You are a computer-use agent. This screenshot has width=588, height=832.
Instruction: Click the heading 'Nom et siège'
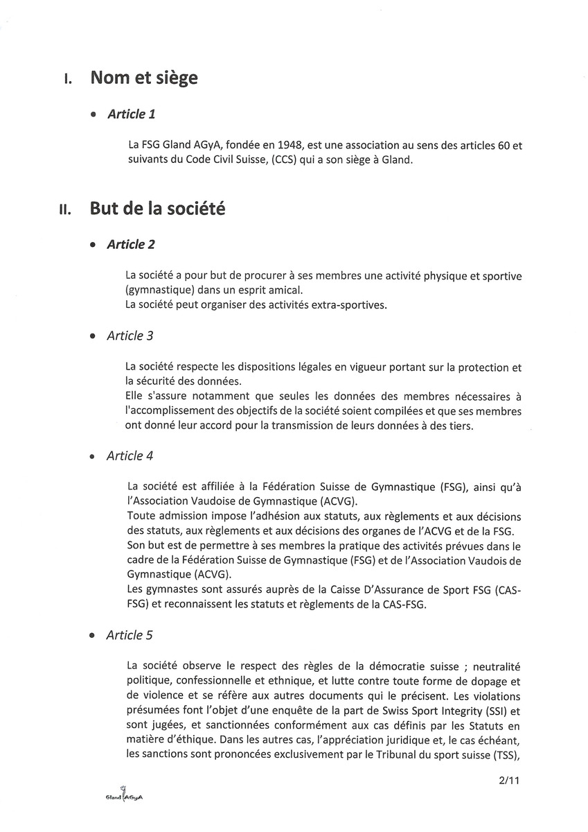(143, 78)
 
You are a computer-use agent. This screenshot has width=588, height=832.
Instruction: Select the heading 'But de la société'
(157, 209)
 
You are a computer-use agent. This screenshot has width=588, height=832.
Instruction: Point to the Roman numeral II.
(66, 210)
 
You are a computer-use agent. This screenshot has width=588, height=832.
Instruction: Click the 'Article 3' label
(130, 336)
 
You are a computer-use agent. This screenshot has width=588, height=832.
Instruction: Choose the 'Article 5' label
(130, 636)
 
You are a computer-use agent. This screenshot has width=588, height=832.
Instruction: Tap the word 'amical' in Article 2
(282, 291)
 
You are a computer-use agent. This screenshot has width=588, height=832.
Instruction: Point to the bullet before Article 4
(93, 458)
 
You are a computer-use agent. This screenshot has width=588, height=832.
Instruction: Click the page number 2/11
(509, 781)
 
